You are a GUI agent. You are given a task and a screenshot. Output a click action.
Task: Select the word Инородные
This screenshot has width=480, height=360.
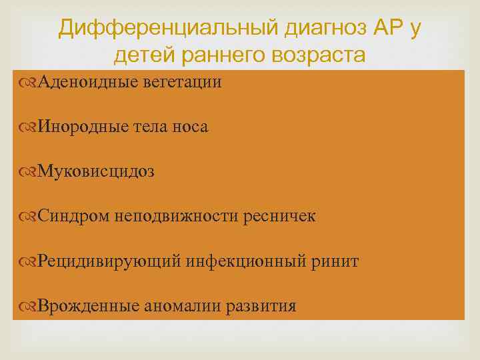pos(83,127)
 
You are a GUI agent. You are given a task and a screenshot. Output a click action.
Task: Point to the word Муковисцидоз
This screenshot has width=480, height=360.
pos(96,171)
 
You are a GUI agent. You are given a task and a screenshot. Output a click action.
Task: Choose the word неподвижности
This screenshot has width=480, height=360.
pos(162,216)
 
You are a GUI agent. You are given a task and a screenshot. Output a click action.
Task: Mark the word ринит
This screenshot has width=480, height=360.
pos(336,261)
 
